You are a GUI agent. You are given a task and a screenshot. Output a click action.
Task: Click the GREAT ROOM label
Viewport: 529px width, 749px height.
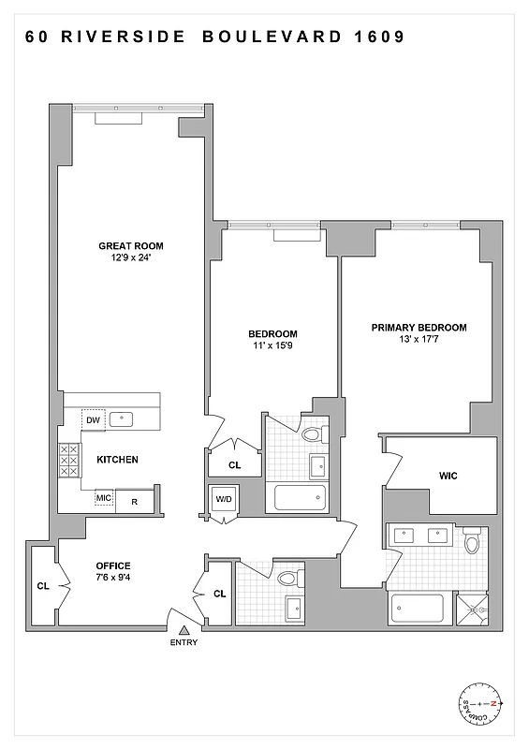pos(138,246)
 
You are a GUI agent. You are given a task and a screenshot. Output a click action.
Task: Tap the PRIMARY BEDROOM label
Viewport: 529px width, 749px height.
pos(419,328)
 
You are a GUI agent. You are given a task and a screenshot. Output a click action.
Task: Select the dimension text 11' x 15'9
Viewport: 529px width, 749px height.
pos(272,345)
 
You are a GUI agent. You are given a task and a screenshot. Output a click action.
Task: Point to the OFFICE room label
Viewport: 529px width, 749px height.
pos(113,565)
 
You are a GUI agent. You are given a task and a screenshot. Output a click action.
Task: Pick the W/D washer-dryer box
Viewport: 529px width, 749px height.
pos(225,498)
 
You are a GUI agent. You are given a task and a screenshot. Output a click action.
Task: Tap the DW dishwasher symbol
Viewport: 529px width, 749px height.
pos(93,420)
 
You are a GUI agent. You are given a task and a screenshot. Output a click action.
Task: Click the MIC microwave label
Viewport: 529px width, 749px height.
pos(104,497)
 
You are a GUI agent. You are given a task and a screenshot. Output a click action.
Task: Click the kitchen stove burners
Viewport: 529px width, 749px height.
pos(68,461)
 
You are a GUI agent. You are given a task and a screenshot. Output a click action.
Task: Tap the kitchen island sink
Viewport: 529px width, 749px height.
pos(122,419)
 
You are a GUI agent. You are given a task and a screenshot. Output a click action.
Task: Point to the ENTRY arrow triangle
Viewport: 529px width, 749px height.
pos(184,626)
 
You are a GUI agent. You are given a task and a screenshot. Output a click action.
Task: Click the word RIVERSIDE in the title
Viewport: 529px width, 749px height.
pos(132,38)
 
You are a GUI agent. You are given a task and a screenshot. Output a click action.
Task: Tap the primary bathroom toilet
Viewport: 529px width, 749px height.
pos(472,541)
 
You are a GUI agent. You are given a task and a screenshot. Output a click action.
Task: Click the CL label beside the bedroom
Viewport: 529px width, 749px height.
pos(235,464)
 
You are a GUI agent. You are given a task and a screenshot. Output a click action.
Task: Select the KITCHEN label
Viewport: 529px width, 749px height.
pos(117,460)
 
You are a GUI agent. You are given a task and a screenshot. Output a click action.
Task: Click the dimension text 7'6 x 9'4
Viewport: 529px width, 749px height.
pos(113,580)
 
